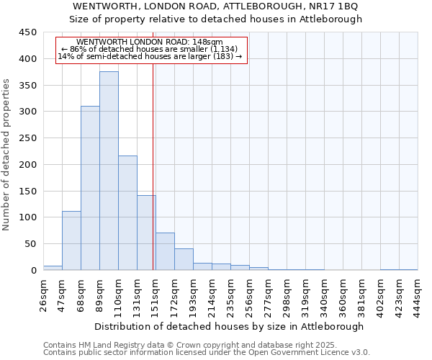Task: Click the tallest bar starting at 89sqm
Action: (x=109, y=171)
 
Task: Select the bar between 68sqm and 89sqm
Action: (x=90, y=188)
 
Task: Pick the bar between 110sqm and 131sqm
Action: (x=127, y=213)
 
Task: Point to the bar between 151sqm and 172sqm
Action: (x=165, y=251)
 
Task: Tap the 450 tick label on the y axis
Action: (x=28, y=32)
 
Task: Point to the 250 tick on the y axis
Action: (x=28, y=138)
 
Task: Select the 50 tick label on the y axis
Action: (x=31, y=244)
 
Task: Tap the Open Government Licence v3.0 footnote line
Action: (x=206, y=352)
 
